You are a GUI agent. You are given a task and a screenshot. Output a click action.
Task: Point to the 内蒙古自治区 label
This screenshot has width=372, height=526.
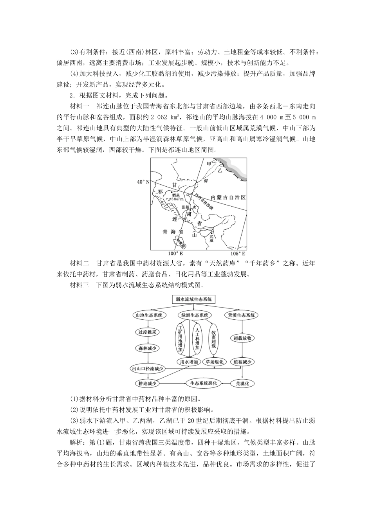(228, 198)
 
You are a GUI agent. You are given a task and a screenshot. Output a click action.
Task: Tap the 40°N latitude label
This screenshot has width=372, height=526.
(143, 182)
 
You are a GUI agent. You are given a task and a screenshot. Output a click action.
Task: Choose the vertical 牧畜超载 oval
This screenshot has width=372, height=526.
(214, 339)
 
